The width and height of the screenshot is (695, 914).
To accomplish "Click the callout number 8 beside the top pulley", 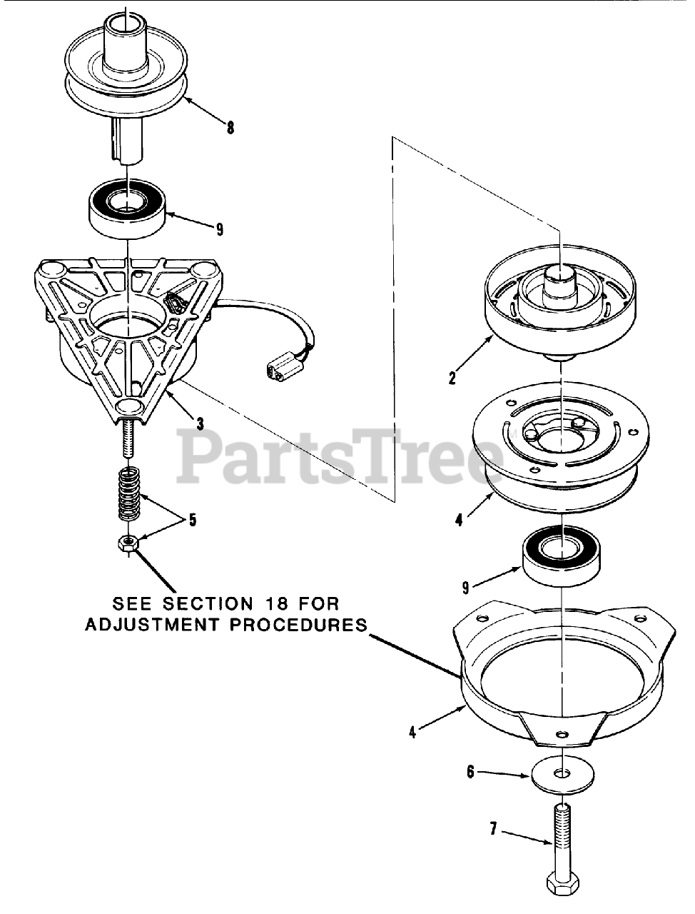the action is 230,129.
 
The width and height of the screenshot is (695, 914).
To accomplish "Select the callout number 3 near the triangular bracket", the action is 200,424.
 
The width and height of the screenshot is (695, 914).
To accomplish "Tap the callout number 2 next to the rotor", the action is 452,378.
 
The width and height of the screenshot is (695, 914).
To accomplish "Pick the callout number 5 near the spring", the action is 192,519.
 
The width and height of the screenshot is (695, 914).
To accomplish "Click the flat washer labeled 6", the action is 562,775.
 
